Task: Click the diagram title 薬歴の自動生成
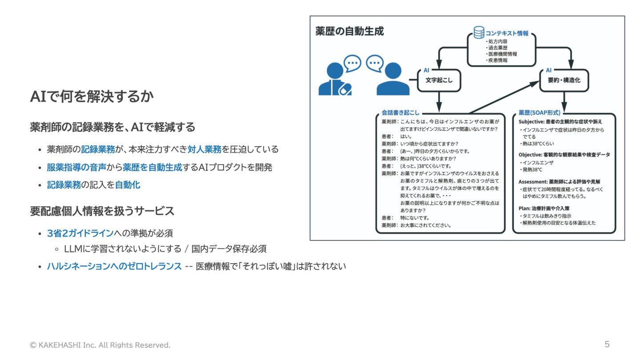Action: click(x=349, y=31)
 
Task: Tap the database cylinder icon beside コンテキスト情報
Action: click(x=479, y=32)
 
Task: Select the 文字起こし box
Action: click(x=439, y=80)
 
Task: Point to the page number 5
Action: click(x=607, y=344)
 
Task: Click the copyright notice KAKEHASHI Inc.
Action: click(x=100, y=345)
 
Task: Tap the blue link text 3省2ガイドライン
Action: click(x=80, y=233)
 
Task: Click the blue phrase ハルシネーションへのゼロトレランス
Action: click(x=114, y=266)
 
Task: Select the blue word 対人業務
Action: click(x=204, y=149)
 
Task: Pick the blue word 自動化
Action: click(x=128, y=185)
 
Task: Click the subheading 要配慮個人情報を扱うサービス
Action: click(x=102, y=211)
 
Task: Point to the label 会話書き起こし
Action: click(x=400, y=113)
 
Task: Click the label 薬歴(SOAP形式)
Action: click(x=540, y=113)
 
